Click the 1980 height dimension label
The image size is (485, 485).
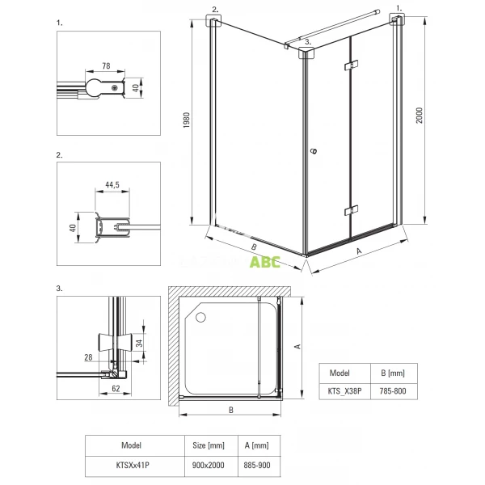(186, 120)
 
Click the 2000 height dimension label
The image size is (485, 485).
(419, 116)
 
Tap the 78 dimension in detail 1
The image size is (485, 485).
(106, 66)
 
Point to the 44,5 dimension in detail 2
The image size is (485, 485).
(112, 184)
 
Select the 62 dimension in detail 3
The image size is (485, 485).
(116, 389)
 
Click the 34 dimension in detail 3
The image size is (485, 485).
(139, 343)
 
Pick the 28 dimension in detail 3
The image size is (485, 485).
(88, 357)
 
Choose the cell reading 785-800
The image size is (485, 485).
(394, 391)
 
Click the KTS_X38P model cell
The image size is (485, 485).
(344, 391)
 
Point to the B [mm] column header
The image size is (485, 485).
(394, 373)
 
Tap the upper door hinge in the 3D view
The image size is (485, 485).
(351, 65)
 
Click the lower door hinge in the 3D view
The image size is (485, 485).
(351, 210)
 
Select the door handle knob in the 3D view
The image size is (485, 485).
(314, 151)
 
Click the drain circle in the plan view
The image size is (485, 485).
(200, 318)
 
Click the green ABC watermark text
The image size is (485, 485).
(265, 262)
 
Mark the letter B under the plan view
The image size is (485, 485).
(231, 410)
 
